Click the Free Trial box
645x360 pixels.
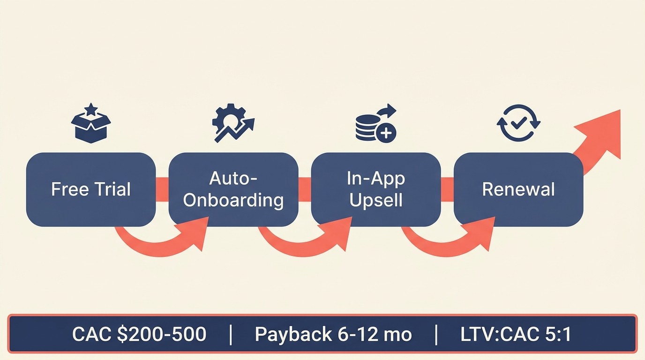pos(90,189)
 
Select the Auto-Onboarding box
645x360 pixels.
pos(233,189)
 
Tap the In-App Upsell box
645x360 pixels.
pos(375,189)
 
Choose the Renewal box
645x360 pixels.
pos(518,189)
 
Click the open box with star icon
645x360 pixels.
pos(91,124)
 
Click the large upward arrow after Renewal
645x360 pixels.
pos(600,139)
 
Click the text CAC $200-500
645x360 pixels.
pos(139,334)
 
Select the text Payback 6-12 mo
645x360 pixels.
pos(333,334)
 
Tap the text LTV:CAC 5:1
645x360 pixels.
pos(516,334)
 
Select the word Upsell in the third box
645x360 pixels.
pos(376,200)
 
